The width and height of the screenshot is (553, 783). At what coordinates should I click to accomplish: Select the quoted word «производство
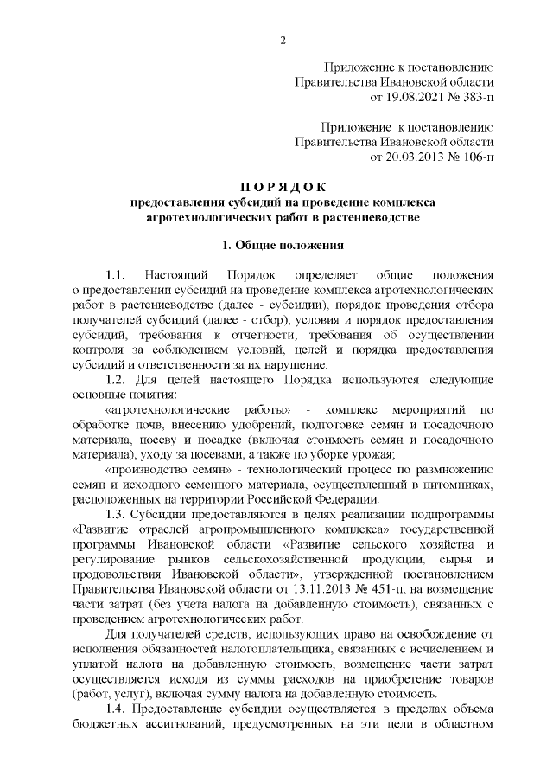click(146, 470)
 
